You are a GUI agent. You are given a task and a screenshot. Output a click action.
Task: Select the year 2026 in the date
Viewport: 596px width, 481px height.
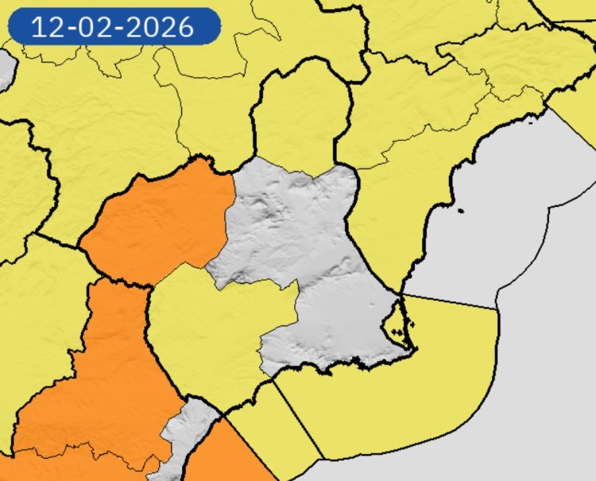161,27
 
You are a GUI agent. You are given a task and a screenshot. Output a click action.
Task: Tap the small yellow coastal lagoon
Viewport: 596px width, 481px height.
395,323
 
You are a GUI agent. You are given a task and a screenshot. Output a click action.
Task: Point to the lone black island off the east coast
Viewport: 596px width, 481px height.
461,210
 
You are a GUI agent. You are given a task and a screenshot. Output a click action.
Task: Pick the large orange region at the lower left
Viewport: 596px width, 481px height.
95,382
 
